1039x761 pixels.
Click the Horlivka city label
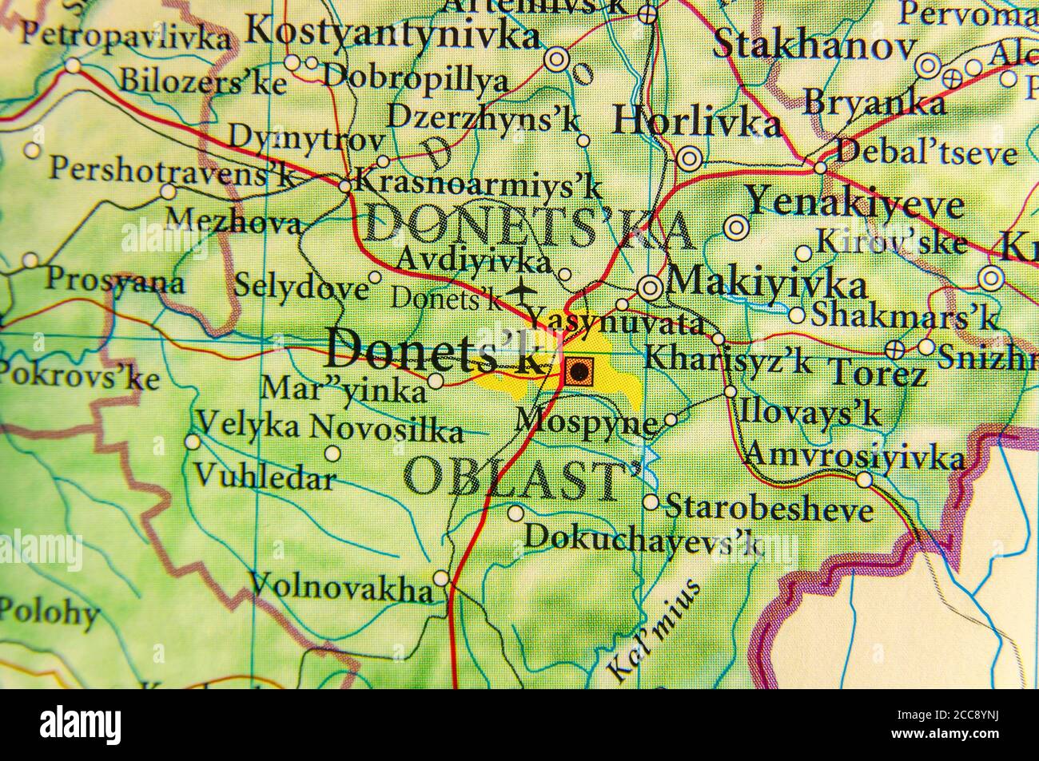click(696, 123)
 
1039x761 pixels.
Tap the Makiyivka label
click(766, 283)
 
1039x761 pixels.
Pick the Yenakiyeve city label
click(854, 204)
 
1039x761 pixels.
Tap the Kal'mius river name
click(654, 630)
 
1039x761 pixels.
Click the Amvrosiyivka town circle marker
click(864, 479)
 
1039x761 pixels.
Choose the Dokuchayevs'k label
click(643, 537)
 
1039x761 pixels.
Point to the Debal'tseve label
click(926, 152)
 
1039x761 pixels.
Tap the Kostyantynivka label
click(392, 34)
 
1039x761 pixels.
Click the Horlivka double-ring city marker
click(689, 160)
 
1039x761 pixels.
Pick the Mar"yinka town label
click(344, 391)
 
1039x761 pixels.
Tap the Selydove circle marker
click(375, 277)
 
